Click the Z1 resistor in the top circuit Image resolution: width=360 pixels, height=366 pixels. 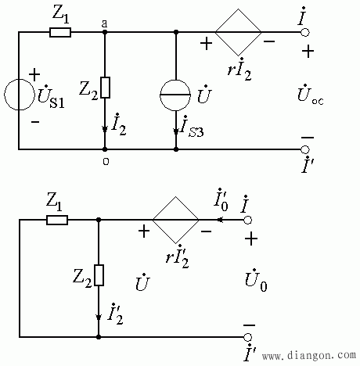60,33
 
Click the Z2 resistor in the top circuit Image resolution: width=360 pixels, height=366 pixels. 105,88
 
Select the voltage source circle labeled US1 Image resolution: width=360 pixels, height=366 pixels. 20,95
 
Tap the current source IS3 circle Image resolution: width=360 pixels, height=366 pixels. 175,95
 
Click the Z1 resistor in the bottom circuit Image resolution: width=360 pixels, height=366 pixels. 57,220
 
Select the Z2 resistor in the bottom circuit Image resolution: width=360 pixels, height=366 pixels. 99,275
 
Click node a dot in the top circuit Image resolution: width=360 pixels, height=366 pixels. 105,32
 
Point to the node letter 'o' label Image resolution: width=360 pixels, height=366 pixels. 106,162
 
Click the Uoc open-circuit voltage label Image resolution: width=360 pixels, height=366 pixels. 311,95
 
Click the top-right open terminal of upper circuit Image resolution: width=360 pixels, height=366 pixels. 304,32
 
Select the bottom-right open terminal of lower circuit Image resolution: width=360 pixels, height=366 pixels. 247,337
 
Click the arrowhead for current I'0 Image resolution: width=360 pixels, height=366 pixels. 220,220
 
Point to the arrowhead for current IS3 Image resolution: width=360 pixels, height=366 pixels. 176,131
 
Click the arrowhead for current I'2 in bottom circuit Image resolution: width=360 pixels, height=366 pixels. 99,318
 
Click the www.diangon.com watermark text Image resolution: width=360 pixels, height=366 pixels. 309,355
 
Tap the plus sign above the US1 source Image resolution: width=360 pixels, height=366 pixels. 34,75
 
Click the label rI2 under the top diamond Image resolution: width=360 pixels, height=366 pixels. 239,69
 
